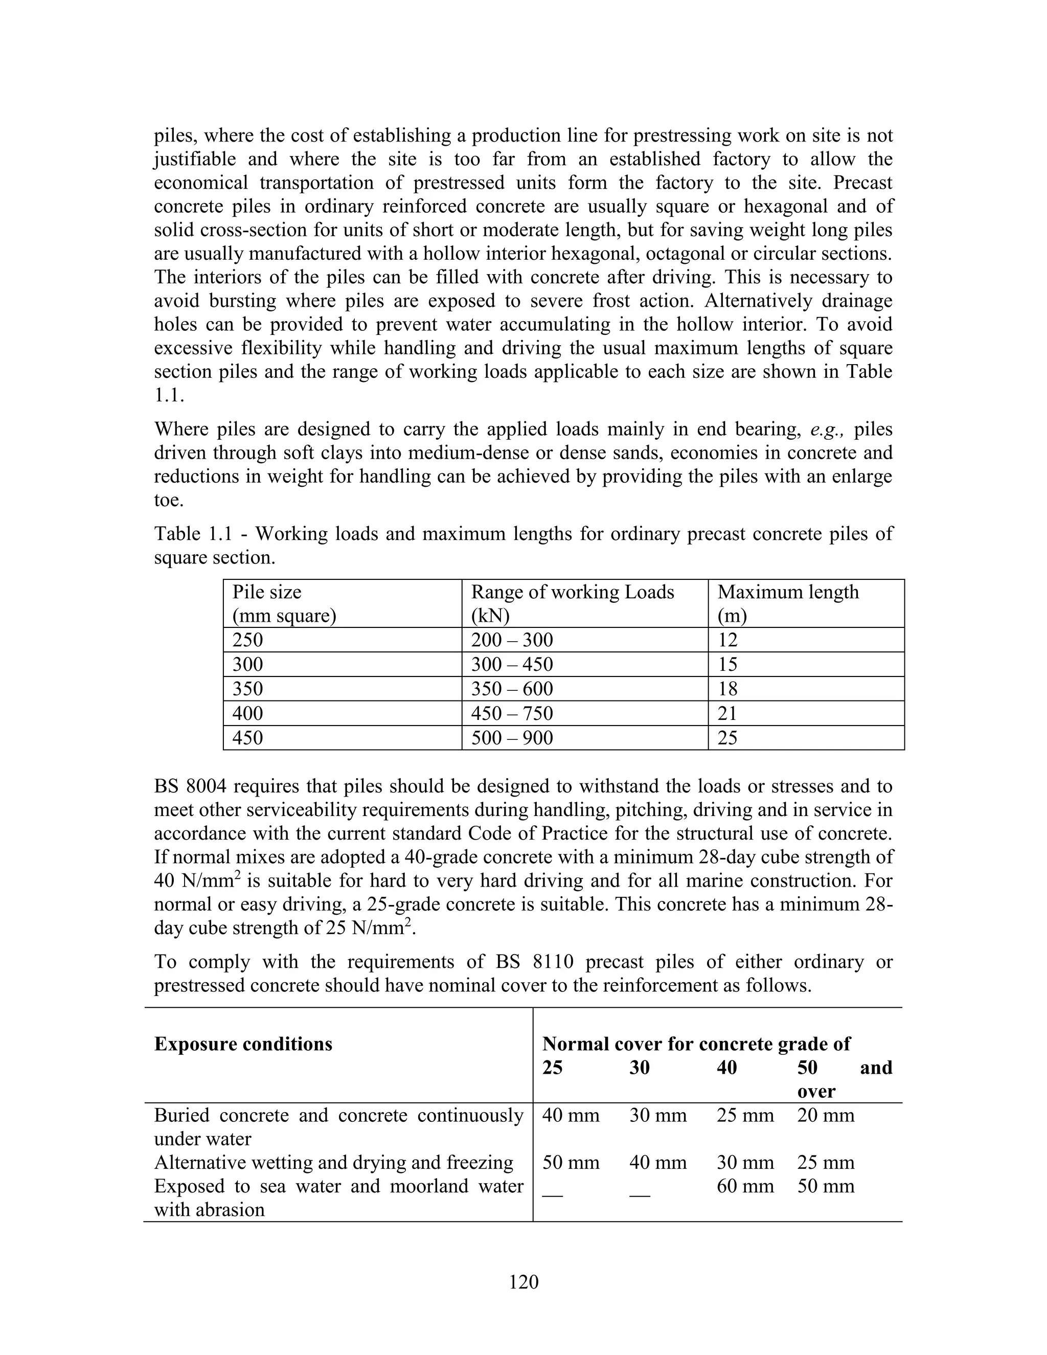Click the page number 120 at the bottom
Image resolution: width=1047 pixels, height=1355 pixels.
523,1281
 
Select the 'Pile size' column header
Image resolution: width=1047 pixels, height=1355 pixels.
267,592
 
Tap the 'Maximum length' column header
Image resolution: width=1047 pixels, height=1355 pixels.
788,592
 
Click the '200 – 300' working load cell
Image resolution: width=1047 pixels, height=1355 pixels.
512,640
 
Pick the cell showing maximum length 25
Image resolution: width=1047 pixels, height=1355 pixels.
727,738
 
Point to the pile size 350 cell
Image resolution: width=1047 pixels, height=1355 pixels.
247,689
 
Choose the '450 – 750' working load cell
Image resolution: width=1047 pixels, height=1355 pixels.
512,713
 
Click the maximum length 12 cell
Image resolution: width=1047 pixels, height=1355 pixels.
727,640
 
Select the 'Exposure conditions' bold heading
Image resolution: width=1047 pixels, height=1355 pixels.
243,1044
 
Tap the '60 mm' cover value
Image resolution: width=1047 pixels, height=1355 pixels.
745,1186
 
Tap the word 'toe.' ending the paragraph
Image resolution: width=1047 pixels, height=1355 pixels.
169,500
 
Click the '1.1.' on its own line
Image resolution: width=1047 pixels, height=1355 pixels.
169,395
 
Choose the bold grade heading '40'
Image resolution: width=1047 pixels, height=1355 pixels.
727,1068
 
